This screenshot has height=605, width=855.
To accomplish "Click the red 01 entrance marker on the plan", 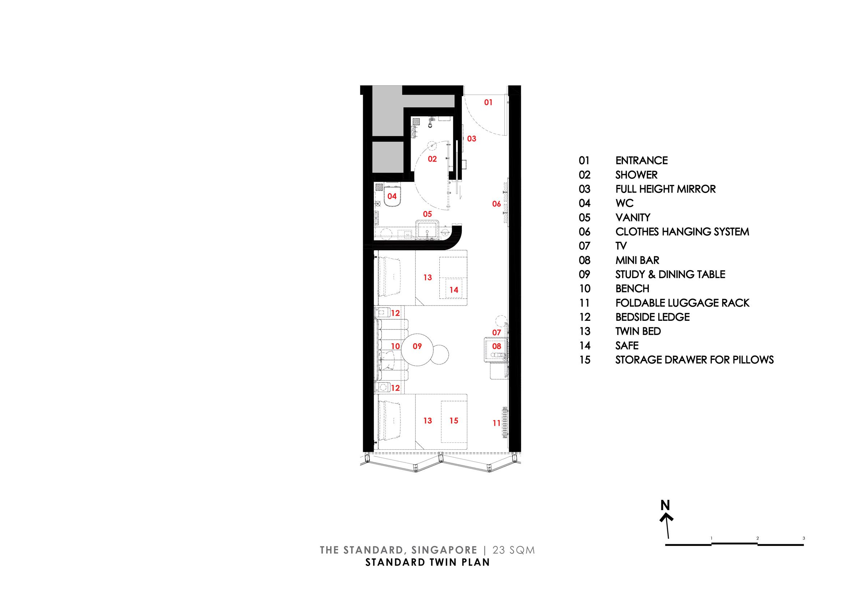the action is click(488, 102).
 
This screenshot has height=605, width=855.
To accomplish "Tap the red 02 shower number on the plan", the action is click(432, 159).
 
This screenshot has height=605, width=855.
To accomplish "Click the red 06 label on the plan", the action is click(496, 204).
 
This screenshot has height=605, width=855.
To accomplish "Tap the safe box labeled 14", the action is click(453, 288).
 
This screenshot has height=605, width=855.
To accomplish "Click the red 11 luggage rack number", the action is click(496, 423).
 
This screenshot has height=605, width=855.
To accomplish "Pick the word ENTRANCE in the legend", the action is click(641, 161).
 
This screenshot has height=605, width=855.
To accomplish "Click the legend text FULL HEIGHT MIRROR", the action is click(665, 189).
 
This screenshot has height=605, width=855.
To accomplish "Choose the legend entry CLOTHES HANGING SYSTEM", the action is click(682, 232).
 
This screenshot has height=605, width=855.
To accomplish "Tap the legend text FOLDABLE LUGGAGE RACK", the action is click(682, 303).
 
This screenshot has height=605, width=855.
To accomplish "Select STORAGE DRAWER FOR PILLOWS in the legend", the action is click(694, 360).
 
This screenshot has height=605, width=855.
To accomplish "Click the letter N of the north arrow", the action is click(665, 505).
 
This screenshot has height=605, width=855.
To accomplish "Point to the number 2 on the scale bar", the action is click(757, 538).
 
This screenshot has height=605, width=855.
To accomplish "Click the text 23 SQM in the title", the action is click(514, 550).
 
